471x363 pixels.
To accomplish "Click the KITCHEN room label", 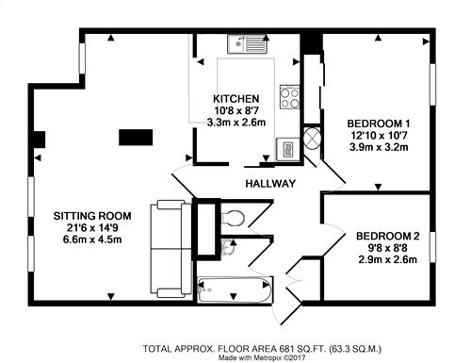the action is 236,99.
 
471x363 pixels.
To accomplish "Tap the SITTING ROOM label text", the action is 92,216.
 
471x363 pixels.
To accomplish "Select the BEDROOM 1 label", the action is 379,124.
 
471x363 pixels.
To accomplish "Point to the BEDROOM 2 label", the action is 388,236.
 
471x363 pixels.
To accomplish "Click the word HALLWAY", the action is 270,183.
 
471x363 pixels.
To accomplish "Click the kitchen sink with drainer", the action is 248,44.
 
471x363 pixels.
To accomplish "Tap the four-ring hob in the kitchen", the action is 289,97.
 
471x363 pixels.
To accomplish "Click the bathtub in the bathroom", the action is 235,290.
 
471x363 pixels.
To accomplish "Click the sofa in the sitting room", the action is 171,249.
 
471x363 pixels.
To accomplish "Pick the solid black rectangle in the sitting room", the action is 136,138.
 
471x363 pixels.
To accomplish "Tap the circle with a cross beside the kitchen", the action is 312,138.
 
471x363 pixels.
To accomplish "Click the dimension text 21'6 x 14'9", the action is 92,227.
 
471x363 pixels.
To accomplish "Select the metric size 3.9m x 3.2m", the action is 379,147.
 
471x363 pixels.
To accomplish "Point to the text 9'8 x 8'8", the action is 388,248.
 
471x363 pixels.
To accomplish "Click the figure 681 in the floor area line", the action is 285,349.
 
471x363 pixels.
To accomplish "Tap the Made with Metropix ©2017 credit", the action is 262,358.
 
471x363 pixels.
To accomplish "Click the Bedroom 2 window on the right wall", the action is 432,247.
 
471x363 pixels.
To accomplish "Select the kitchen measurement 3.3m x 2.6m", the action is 236,122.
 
